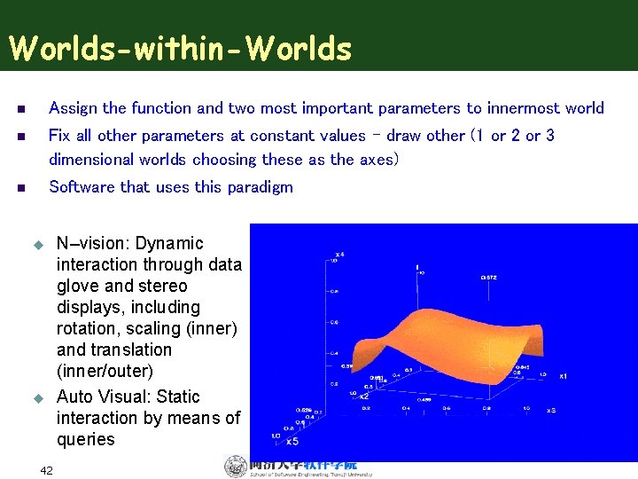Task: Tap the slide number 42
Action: click(47, 470)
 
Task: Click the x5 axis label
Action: click(292, 441)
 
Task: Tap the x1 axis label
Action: click(563, 375)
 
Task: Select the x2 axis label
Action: click(364, 397)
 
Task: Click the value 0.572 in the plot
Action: click(488, 277)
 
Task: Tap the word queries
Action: click(85, 439)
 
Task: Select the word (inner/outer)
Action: click(105, 371)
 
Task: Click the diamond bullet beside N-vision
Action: click(38, 244)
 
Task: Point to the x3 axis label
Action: click(550, 410)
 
